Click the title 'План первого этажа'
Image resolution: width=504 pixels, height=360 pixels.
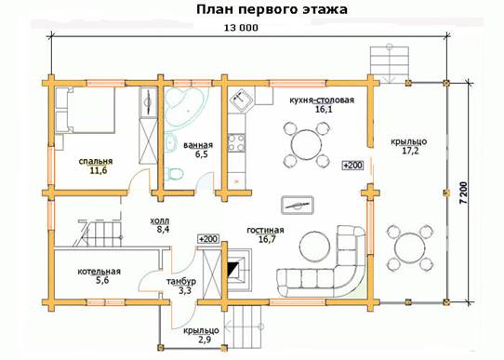tap(272, 9)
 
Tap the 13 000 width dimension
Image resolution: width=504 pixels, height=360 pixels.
tap(241, 28)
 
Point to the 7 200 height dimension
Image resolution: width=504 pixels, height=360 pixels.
tap(463, 193)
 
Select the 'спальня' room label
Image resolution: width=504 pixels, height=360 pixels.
tap(96, 161)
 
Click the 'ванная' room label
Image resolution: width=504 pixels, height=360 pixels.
tap(198, 145)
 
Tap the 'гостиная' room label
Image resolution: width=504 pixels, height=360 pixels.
tap(266, 230)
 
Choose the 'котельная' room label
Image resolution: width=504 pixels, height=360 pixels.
tap(99, 272)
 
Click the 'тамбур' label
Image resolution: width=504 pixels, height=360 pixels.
tap(181, 282)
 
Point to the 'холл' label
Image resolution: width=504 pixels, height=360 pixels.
tap(160, 220)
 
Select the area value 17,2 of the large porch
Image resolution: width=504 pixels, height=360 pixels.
tap(410, 151)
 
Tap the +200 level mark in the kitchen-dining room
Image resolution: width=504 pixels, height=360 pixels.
tap(353, 166)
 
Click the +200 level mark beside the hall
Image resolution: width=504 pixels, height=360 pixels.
tap(208, 239)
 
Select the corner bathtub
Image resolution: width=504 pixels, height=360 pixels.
tap(184, 104)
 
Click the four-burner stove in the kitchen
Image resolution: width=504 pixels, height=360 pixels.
tap(236, 142)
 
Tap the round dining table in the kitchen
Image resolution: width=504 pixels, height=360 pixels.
tap(306, 144)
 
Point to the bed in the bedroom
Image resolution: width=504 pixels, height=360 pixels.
tap(85, 111)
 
